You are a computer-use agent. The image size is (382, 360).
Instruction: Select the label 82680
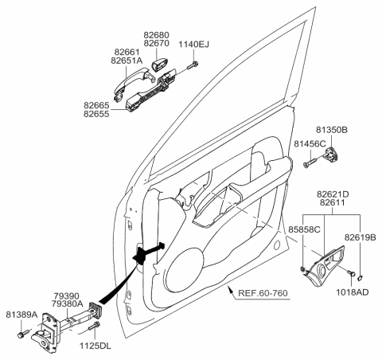(x=157, y=35)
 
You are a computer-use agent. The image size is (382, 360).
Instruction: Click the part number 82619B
(x=361, y=236)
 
